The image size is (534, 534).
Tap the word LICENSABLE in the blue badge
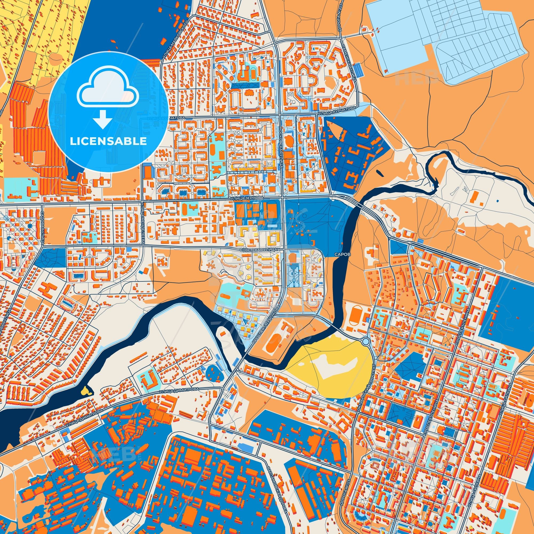(x=108, y=141)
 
